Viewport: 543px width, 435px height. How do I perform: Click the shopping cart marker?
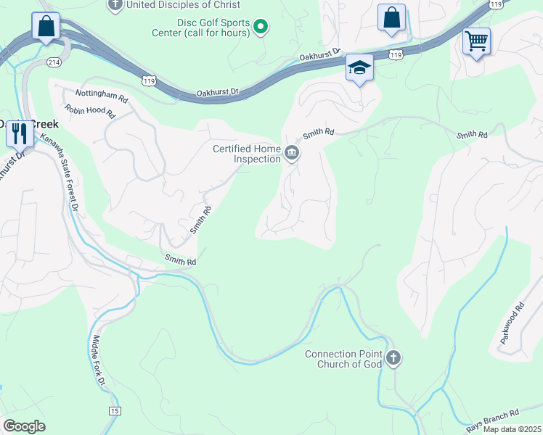(x=476, y=41)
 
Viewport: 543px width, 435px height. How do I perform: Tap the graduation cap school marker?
(x=359, y=67)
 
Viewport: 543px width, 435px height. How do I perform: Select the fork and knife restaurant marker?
(x=20, y=133)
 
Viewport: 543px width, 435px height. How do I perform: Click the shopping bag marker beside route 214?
(x=46, y=27)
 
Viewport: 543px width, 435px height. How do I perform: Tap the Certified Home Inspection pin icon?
(x=292, y=153)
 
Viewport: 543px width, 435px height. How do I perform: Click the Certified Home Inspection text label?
(x=247, y=154)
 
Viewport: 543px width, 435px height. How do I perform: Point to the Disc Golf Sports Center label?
(x=201, y=27)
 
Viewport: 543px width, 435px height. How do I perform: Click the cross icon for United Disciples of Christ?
(x=115, y=5)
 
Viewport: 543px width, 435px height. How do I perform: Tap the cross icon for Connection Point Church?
(x=393, y=357)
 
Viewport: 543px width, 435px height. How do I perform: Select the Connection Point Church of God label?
(x=343, y=359)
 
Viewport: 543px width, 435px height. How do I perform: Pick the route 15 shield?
(x=115, y=411)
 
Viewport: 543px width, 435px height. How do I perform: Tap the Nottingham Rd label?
(x=102, y=94)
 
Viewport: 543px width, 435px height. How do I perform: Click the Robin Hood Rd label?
(x=90, y=112)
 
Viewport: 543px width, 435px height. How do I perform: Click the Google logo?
(x=24, y=426)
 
